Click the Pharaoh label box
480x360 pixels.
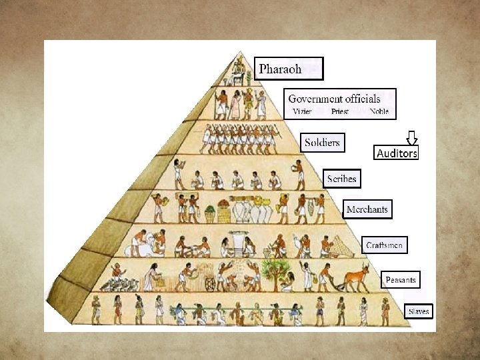click(289, 69)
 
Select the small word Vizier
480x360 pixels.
click(302, 112)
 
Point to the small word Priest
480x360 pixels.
click(340, 112)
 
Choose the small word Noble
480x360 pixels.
click(379, 112)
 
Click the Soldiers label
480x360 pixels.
click(322, 143)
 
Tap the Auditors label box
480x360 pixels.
click(397, 153)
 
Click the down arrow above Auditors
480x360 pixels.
click(412, 138)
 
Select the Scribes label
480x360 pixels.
click(342, 179)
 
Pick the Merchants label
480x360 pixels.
click(367, 209)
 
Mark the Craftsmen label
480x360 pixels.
click(384, 245)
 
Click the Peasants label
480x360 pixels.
click(401, 280)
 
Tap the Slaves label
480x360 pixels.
click(419, 311)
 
